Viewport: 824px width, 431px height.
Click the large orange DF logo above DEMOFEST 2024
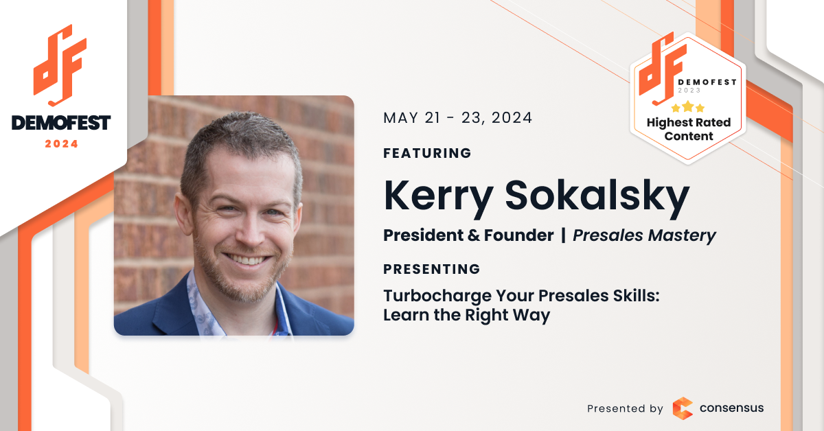[x=60, y=65]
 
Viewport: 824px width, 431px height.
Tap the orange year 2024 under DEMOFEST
[x=61, y=144]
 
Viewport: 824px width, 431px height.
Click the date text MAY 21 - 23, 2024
[x=457, y=118]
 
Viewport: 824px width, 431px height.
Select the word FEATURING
[x=427, y=153]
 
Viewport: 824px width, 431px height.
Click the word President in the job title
[x=423, y=235]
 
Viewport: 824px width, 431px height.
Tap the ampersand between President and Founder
[x=473, y=235]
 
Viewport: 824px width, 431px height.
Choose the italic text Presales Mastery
[x=645, y=235]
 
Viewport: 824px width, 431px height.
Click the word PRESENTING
[x=432, y=269]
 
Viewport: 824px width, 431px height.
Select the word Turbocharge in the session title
[x=437, y=296]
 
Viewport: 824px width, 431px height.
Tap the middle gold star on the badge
[x=687, y=106]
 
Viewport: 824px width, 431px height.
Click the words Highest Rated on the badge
[x=689, y=123]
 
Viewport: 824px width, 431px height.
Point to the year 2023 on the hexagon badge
[x=689, y=91]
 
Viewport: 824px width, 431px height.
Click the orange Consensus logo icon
[x=683, y=408]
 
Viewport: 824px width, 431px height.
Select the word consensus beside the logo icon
[x=732, y=408]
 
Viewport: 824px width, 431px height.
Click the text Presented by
[x=625, y=408]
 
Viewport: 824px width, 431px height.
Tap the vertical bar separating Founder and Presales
[x=563, y=235]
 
